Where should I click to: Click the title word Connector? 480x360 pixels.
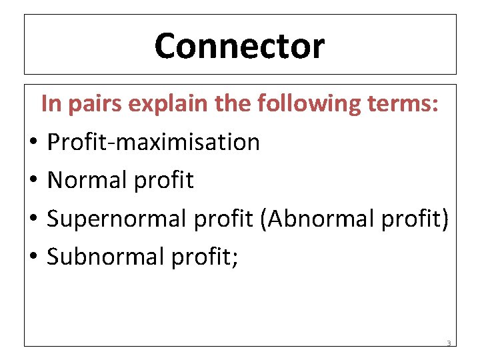pyautogui.click(x=239, y=46)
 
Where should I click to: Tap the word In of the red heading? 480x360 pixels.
pyautogui.click(x=51, y=103)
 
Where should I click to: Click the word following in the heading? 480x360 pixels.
pyautogui.click(x=309, y=104)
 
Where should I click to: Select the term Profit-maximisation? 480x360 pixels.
pyautogui.click(x=153, y=142)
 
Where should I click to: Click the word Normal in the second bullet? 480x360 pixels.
pyautogui.click(x=87, y=180)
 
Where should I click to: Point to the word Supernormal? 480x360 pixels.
pyautogui.click(x=117, y=219)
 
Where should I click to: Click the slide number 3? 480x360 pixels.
pyautogui.click(x=449, y=344)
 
